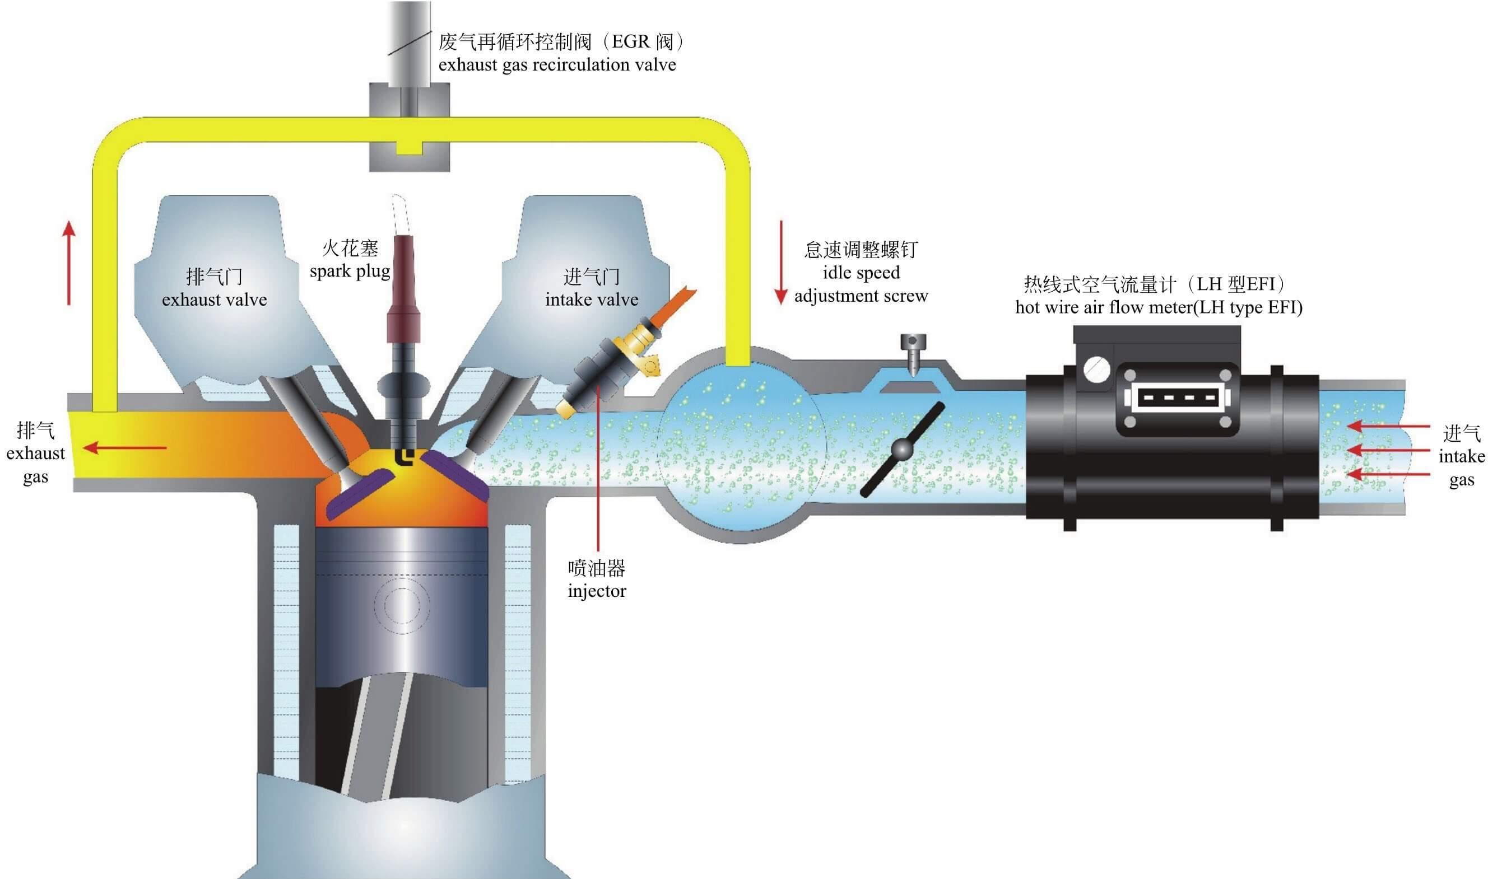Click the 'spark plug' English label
click(350, 272)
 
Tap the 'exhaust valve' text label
click(214, 300)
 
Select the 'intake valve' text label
click(592, 300)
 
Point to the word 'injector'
click(597, 591)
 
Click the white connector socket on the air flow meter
click(1177, 398)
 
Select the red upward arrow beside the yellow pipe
click(69, 263)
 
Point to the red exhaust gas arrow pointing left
click(124, 448)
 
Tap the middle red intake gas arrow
click(1387, 450)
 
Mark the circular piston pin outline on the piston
click(401, 604)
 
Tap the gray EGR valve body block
click(409, 127)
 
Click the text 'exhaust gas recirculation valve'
click(557, 64)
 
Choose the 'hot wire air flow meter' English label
click(1159, 307)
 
